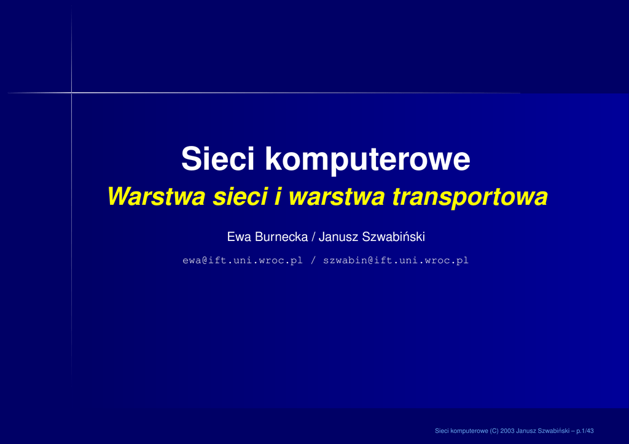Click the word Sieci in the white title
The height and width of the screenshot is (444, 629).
(x=218, y=159)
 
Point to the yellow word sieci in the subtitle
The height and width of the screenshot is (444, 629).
(x=240, y=197)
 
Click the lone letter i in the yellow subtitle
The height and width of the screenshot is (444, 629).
(x=278, y=197)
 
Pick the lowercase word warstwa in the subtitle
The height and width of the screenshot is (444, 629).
(x=337, y=197)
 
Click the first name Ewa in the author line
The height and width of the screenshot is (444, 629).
(x=240, y=237)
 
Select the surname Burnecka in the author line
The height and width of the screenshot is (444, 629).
(x=281, y=237)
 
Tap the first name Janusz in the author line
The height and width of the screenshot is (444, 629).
(x=338, y=237)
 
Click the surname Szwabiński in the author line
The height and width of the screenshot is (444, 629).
(x=394, y=237)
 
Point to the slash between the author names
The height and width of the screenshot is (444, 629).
(x=313, y=237)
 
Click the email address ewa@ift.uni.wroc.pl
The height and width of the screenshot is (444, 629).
(x=242, y=261)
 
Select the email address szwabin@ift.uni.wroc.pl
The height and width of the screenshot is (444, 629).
(x=396, y=261)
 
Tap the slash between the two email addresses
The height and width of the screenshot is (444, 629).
(x=313, y=261)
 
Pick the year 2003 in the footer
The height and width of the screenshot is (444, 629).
(x=507, y=431)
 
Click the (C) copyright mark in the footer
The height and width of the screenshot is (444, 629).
(x=494, y=431)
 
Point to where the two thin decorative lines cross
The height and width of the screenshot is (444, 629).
(x=72, y=93)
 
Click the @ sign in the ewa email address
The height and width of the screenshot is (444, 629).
(x=205, y=261)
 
